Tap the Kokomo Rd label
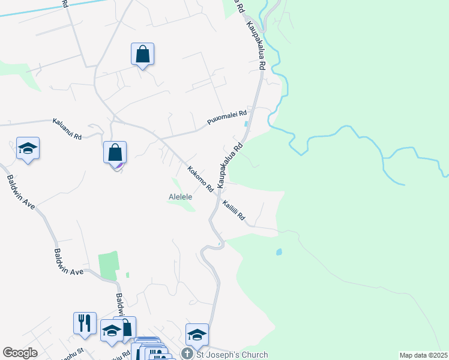pos(200,179)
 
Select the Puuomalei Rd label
pos(227,118)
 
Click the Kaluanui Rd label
pos(67,128)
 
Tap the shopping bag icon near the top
pos(142,55)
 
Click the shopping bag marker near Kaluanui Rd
pos(115,153)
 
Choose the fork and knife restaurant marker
pos(85,323)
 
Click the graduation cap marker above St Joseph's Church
pos(196,335)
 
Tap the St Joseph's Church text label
pos(232,355)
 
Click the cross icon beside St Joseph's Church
pos(187,354)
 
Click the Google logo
pos(20,353)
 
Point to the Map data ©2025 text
pos(423,355)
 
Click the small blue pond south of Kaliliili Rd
pos(279,252)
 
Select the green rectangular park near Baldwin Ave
pos(109,266)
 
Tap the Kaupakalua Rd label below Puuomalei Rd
pos(231,166)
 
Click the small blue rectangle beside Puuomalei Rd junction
pos(246,124)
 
